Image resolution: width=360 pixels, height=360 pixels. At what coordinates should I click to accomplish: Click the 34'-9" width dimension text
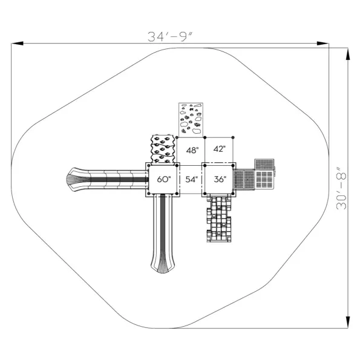[x=169, y=37]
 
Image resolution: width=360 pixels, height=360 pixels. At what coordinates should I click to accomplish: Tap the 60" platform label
[x=164, y=179]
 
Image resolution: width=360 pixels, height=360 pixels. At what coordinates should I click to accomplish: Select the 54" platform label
[x=192, y=179]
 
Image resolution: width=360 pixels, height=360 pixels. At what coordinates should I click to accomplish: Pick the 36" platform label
[x=220, y=179]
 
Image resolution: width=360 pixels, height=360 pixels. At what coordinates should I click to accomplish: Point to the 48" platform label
[x=192, y=151]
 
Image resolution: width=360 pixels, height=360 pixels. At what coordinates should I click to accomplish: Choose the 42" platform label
[x=220, y=149]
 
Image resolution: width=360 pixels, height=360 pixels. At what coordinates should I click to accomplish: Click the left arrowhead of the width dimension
[x=17, y=44]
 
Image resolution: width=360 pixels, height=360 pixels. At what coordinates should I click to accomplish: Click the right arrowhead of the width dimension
[x=322, y=44]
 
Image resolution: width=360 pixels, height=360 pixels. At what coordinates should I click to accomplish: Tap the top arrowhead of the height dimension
[x=348, y=54]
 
